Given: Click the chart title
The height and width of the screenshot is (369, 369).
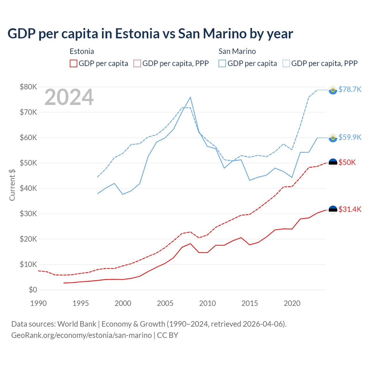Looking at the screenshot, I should [150, 34].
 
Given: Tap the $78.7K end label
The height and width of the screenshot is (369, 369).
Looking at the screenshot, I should [350, 90].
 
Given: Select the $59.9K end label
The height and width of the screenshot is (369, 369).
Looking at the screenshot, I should [350, 137].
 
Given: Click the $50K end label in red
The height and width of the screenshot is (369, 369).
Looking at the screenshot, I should [347, 163].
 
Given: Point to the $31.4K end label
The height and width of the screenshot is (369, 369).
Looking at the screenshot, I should [350, 209].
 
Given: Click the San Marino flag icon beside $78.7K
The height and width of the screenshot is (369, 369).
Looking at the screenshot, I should [333, 90].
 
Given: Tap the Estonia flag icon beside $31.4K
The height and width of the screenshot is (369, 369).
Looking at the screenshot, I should [333, 210].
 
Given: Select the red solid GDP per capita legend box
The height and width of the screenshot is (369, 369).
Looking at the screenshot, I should [74, 63].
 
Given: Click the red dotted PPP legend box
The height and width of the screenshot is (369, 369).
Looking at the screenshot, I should [137, 63].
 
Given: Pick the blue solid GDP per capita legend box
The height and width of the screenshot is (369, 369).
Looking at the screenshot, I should [222, 63].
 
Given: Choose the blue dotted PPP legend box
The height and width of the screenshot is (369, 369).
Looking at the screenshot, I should [286, 63].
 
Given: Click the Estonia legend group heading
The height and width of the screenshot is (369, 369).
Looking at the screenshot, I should [82, 51].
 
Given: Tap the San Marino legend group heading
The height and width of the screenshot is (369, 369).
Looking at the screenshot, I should [237, 51].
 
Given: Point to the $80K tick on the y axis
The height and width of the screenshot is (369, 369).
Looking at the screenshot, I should [28, 87].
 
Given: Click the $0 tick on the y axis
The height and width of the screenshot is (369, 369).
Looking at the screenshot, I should [33, 290].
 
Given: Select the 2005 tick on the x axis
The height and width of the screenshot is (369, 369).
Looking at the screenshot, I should [165, 303].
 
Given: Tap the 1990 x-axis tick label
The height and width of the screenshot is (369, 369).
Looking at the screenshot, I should [38, 303].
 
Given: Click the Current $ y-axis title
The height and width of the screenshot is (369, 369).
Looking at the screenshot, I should [12, 185].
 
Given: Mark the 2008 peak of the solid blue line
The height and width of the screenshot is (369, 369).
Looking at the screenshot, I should [190, 97].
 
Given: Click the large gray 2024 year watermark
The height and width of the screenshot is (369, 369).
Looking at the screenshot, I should [69, 97].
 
